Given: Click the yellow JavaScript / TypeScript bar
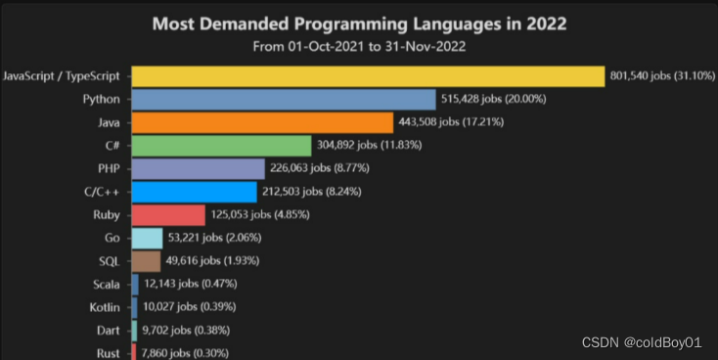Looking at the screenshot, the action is click(x=368, y=76).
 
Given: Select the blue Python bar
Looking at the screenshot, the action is click(x=284, y=100).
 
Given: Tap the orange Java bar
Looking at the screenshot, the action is click(x=262, y=122).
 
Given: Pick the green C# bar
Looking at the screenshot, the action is click(x=222, y=146).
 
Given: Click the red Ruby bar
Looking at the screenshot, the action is click(x=168, y=215).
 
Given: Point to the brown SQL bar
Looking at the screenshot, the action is click(x=146, y=261).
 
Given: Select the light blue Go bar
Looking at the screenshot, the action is click(x=147, y=238).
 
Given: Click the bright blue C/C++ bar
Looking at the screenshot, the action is click(x=194, y=192).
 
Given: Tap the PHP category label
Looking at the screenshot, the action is click(x=109, y=168).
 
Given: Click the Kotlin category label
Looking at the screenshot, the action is click(x=105, y=307).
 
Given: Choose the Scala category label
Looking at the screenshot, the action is click(x=107, y=285).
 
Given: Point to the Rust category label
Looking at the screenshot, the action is click(x=109, y=353).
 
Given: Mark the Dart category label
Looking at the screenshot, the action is click(x=109, y=331).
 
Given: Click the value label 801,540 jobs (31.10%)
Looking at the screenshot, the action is click(x=662, y=75).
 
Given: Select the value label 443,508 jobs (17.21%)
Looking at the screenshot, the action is click(x=451, y=122).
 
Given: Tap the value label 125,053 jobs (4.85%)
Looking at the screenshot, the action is click(x=260, y=214).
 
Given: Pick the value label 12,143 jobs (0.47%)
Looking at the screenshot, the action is click(x=191, y=284).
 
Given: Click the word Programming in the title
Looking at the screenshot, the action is click(x=351, y=24).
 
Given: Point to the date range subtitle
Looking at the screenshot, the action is click(x=359, y=46).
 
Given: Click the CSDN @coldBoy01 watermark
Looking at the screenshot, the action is click(x=642, y=342).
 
